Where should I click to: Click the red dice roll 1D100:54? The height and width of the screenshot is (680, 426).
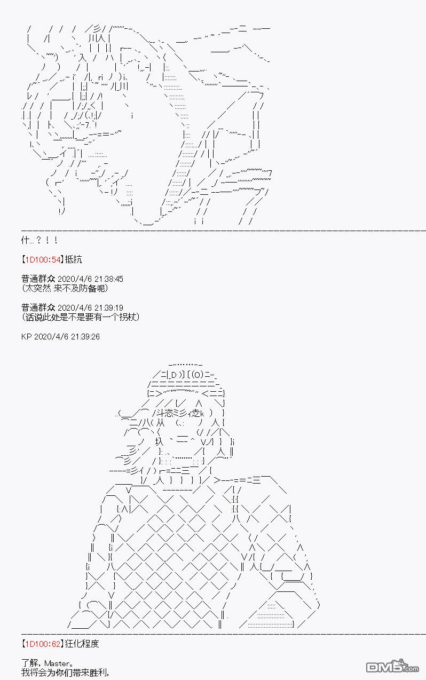(x=43, y=260)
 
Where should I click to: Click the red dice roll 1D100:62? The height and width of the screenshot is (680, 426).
(x=43, y=644)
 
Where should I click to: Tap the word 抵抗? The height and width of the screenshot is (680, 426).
(x=74, y=260)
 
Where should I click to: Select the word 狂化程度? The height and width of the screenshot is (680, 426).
(x=82, y=644)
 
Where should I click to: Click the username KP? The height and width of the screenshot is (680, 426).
(x=26, y=337)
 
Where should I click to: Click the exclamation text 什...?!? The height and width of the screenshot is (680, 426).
(x=40, y=240)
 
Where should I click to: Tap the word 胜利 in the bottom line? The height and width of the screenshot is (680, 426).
(x=99, y=673)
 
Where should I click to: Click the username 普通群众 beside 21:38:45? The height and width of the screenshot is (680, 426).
(x=38, y=279)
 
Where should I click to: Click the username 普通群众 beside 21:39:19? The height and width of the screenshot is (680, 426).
(x=38, y=308)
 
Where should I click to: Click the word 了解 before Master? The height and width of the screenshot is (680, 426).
(x=30, y=663)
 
